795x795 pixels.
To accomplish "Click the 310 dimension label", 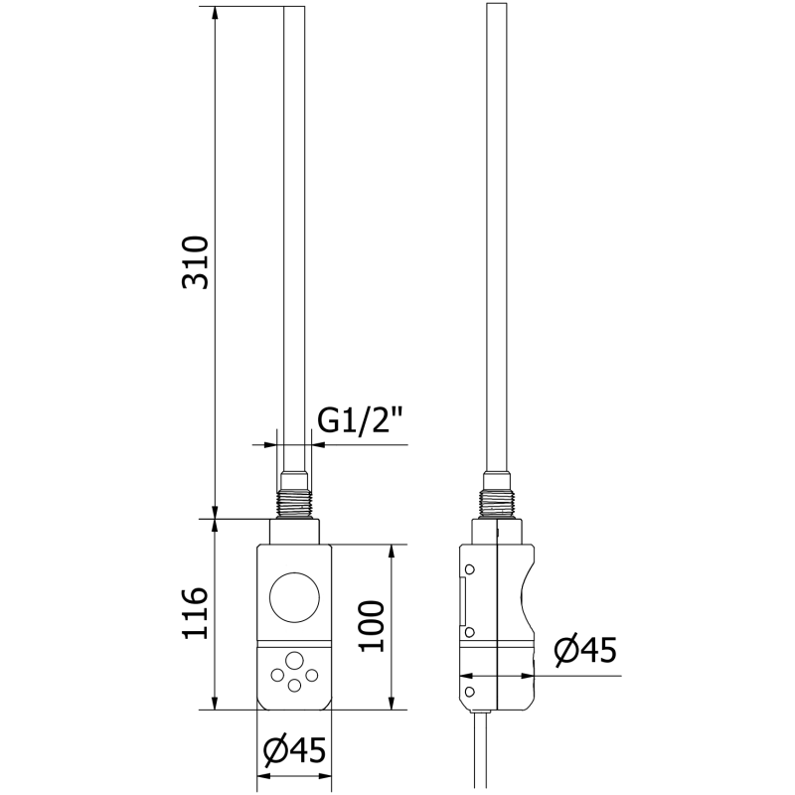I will [x=196, y=262].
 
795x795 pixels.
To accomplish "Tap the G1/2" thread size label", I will [x=359, y=421].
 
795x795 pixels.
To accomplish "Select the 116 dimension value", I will [x=196, y=613].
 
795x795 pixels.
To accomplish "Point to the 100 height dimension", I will [x=372, y=625].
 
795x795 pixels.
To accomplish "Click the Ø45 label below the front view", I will [x=294, y=752].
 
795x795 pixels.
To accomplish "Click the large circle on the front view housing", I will [x=294, y=599].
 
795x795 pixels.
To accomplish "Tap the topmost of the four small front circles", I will [x=294, y=660].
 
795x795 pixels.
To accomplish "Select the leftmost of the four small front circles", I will [x=276, y=675].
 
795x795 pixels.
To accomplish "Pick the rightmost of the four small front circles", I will [x=312, y=675].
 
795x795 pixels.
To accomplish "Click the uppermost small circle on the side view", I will [x=469, y=568].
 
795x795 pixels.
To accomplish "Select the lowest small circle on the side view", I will [x=469, y=687].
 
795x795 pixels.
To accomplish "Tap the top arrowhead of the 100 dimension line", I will [x=395, y=550].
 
